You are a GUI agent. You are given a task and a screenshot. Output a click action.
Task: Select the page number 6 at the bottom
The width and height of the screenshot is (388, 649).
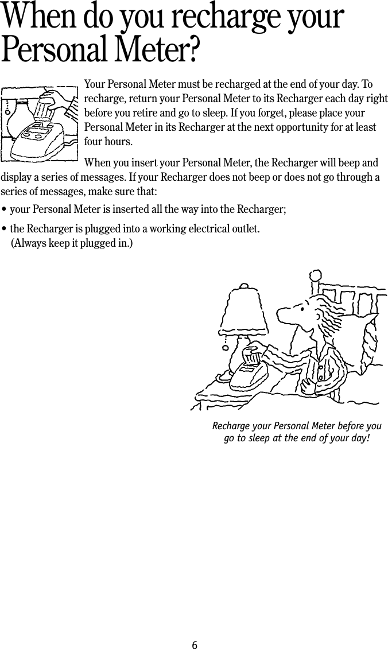coord(194,645)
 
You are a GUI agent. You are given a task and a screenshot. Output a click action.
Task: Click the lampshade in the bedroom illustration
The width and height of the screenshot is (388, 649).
coord(243,310)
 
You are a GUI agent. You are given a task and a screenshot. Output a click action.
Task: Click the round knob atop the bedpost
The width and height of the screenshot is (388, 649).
coord(316,276)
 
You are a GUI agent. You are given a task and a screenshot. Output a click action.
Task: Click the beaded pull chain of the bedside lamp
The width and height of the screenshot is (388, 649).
coord(226,342)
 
